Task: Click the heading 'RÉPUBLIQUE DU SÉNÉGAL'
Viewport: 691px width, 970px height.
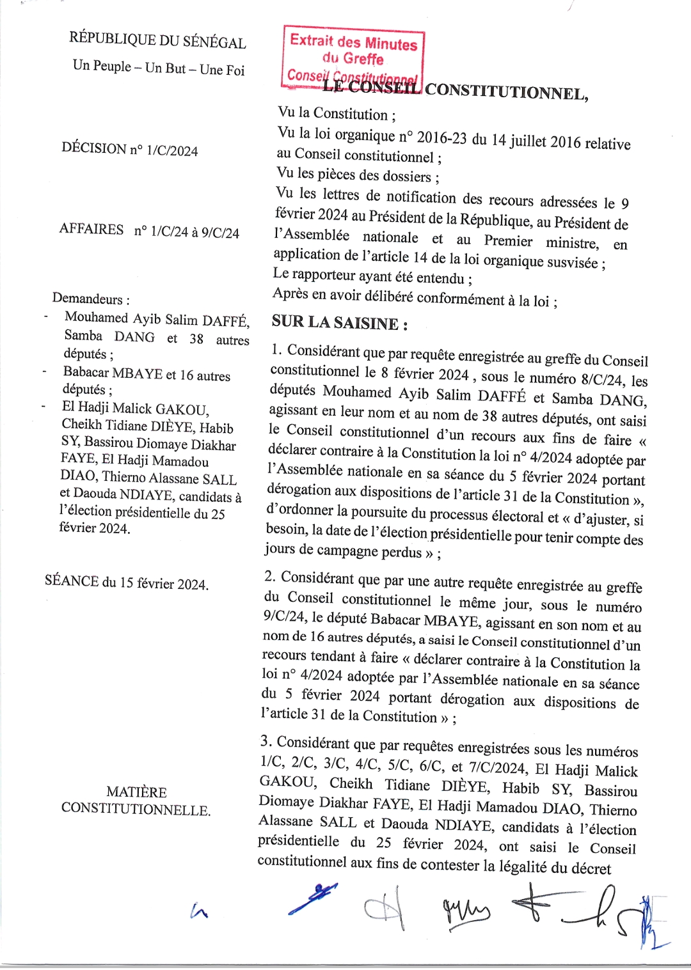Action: (x=157, y=40)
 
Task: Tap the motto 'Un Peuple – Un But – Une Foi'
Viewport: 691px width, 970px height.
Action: (x=159, y=68)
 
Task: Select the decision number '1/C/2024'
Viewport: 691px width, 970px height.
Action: (x=172, y=151)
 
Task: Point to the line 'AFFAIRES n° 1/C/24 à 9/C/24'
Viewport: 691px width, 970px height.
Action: (x=149, y=231)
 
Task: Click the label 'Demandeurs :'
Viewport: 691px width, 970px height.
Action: (x=91, y=299)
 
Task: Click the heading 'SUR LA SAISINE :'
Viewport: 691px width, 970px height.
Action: (x=340, y=323)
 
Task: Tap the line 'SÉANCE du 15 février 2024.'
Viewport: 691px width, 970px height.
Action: (x=127, y=583)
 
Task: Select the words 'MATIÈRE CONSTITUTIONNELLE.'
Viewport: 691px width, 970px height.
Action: (x=136, y=801)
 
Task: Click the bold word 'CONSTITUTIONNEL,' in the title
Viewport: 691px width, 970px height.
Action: (x=506, y=93)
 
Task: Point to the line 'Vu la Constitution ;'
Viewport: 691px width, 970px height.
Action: (x=337, y=114)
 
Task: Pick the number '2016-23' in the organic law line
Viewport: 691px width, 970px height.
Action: (x=443, y=138)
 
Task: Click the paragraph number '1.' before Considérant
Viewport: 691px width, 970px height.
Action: (x=277, y=350)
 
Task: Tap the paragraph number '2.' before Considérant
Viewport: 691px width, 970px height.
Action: (x=270, y=577)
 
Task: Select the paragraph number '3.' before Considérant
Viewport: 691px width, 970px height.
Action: (x=266, y=741)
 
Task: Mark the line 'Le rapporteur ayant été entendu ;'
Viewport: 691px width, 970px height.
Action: (x=372, y=276)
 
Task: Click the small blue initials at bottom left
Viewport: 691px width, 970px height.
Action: (x=199, y=911)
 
